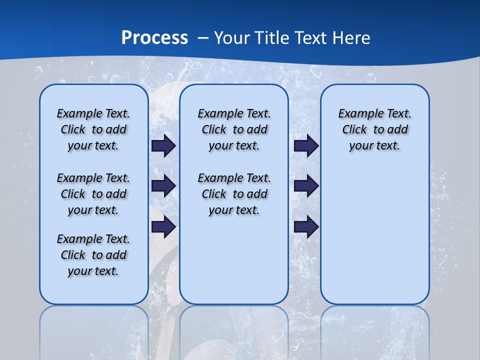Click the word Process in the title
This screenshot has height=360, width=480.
(x=154, y=38)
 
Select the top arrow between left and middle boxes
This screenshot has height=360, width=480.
(x=163, y=146)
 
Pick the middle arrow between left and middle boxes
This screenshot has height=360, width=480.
(x=163, y=186)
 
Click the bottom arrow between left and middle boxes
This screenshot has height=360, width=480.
(x=163, y=227)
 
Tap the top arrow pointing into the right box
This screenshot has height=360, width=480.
(x=306, y=146)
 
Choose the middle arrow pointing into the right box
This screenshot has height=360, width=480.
(x=306, y=186)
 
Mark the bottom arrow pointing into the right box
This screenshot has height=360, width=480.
(x=306, y=227)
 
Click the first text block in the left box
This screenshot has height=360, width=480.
(x=93, y=129)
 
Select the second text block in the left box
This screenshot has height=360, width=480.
(x=93, y=194)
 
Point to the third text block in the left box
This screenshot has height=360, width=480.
(x=93, y=255)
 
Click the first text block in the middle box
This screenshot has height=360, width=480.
(x=234, y=129)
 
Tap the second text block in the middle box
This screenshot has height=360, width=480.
(x=234, y=194)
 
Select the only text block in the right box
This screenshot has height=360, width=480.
(x=374, y=129)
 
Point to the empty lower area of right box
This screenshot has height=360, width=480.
(x=374, y=235)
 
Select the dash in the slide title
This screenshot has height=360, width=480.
(x=203, y=38)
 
